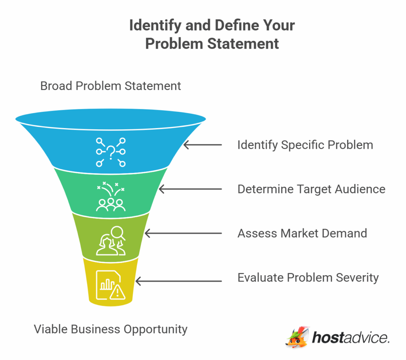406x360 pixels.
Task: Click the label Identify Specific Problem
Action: (305, 145)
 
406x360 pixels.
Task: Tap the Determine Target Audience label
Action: (311, 189)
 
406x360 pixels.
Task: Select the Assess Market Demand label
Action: (302, 233)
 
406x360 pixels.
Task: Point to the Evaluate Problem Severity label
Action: (308, 278)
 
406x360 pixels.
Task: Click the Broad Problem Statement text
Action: (111, 86)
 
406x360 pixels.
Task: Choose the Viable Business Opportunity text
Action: (111, 329)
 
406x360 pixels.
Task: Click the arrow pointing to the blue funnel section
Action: (203, 145)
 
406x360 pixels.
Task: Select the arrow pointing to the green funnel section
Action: (190, 189)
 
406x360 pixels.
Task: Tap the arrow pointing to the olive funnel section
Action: (183, 234)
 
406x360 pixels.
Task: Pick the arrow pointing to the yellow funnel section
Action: (178, 281)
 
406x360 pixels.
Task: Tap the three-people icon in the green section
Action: (111, 204)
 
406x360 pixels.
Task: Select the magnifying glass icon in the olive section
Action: (118, 233)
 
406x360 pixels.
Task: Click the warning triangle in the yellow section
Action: (117, 293)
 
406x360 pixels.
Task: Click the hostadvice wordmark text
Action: (350, 338)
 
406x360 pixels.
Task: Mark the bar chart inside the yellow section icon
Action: (106, 283)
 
